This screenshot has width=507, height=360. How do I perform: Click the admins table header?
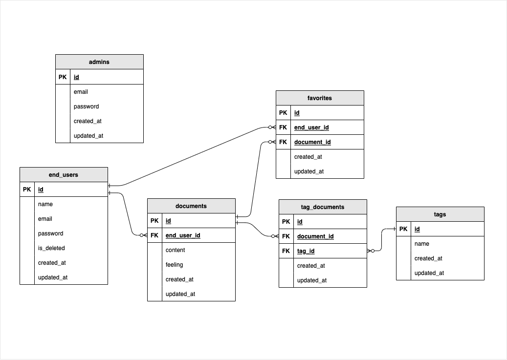pos(99,62)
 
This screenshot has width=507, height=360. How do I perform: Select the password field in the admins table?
pos(86,106)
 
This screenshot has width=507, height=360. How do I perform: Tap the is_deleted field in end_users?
pos(51,248)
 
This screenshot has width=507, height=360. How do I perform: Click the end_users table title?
pos(64,175)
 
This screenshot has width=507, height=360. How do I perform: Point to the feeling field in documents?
pos(174,265)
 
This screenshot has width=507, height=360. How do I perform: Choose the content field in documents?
pos(175,250)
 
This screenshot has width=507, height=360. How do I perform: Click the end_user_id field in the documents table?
pos(183,235)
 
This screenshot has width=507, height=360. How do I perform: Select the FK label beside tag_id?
pos(286,251)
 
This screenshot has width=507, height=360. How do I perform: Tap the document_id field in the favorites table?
pos(312,142)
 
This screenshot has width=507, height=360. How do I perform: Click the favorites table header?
pos(320,98)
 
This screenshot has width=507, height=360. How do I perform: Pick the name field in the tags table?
pos(421,244)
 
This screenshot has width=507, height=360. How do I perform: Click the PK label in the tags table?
pos(403,229)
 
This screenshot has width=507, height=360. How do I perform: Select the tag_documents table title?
pos(323,207)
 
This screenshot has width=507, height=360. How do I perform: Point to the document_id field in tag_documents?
pos(315,236)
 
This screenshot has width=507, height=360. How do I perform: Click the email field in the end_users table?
pos(45,219)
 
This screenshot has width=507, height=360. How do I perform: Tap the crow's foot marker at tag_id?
pos(371,251)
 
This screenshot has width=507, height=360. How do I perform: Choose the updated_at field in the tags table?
pos(429,273)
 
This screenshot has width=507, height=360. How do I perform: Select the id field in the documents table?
pos(168,221)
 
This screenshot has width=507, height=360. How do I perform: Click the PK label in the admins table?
pos(63,77)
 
